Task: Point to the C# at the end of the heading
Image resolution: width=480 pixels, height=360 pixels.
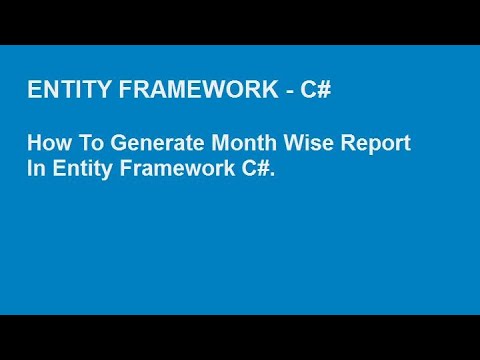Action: pyautogui.click(x=317, y=91)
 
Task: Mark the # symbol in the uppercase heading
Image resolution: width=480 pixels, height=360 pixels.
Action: pyautogui.click(x=325, y=91)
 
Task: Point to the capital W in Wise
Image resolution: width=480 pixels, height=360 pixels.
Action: pyautogui.click(x=284, y=144)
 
